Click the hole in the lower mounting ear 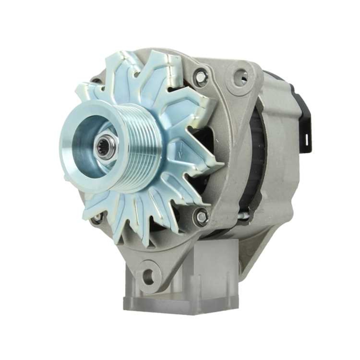(x=148, y=276)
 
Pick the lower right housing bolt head (x=201, y=216)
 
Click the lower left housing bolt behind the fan (x=96, y=218)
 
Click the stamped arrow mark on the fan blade (x=179, y=149)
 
